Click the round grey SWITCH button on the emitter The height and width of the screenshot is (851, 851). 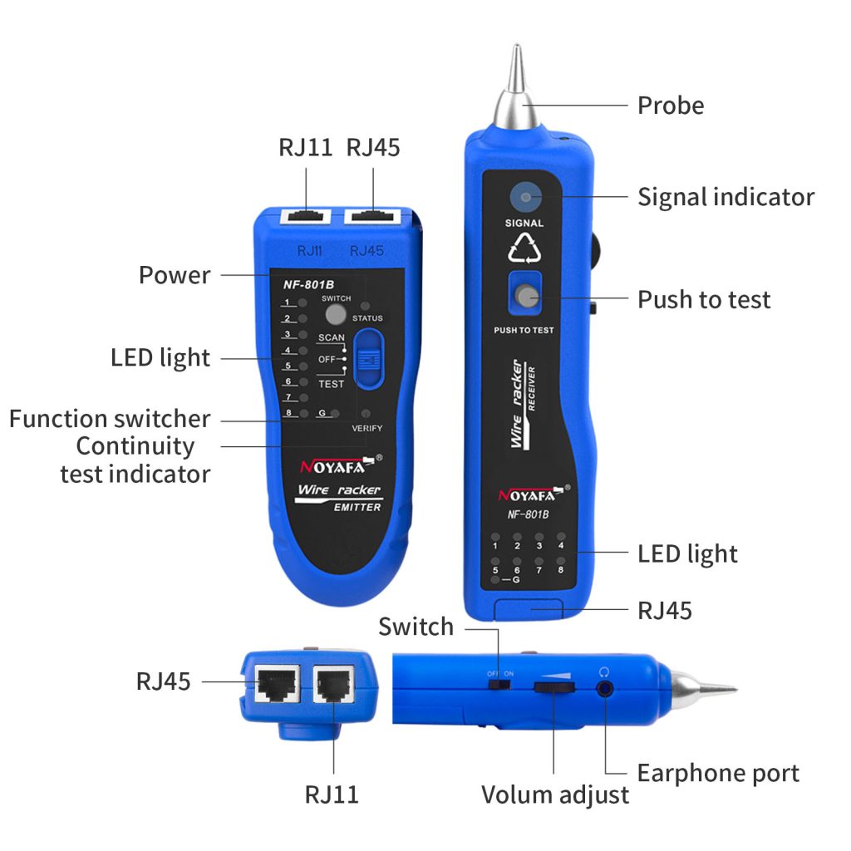click(336, 314)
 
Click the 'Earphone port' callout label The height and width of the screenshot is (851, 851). click(718, 773)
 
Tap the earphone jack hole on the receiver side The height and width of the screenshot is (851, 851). click(605, 688)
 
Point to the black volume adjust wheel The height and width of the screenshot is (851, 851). click(554, 686)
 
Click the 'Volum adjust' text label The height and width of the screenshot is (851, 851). click(555, 794)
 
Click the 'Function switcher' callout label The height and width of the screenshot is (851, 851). click(110, 418)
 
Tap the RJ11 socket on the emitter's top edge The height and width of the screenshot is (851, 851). click(306, 218)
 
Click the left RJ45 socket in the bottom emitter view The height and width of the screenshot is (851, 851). click(273, 683)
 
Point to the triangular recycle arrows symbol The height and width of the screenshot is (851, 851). click(524, 248)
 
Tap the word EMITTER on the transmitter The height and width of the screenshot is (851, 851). click(357, 507)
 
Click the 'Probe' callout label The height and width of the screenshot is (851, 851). click(670, 106)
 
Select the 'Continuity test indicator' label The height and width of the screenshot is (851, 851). click(135, 460)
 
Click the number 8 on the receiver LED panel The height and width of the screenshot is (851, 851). click(561, 570)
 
